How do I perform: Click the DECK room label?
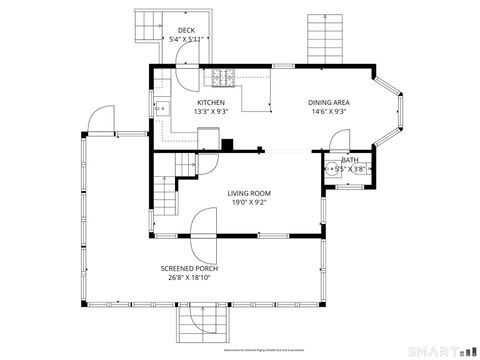[186, 31]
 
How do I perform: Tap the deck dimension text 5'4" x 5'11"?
[186, 40]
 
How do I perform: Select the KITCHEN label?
[210, 102]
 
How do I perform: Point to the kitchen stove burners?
[222, 76]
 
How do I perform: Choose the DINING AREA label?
[328, 102]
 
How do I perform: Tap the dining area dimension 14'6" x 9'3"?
[328, 111]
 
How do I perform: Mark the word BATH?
[349, 160]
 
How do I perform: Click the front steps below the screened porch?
[204, 324]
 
